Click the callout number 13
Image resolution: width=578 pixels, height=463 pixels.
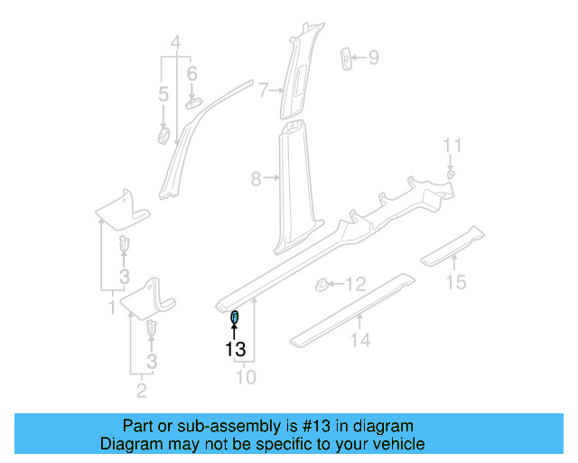point(236,348)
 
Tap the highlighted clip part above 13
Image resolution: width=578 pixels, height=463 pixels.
point(235,316)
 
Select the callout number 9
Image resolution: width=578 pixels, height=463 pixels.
point(373,59)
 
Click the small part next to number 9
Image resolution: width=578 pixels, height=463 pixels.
point(346,58)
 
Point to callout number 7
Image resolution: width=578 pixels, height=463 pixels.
point(263,90)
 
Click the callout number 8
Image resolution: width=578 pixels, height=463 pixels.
point(256,180)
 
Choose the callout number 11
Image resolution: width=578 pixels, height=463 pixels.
point(452,146)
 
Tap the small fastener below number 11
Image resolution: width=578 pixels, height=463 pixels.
point(451,171)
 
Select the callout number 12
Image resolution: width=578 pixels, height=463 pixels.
point(356,285)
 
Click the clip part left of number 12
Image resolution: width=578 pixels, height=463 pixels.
point(322,285)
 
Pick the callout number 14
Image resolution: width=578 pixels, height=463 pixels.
point(361,340)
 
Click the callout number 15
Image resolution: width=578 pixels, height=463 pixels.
point(457,283)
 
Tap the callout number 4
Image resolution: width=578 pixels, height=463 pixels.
point(176,41)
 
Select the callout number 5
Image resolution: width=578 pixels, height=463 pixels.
point(163,94)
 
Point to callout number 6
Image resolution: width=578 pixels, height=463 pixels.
point(191,73)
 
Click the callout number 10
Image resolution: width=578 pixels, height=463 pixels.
point(246,376)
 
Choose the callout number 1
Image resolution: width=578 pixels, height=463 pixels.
point(111,308)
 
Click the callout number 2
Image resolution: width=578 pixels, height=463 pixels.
point(141,391)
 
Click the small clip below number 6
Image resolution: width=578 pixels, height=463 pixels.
point(193,103)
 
